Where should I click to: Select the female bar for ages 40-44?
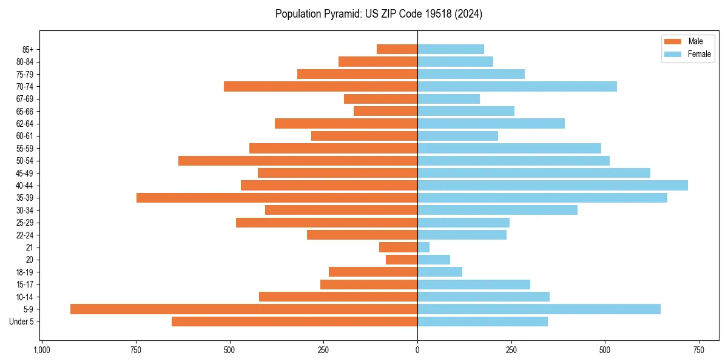click(x=552, y=185)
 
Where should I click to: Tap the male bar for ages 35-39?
click(x=277, y=198)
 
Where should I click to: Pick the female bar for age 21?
click(x=423, y=247)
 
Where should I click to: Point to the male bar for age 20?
click(x=402, y=260)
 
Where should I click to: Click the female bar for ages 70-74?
click(x=517, y=86)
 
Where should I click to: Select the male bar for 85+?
click(x=397, y=49)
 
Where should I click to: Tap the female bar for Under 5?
click(x=482, y=322)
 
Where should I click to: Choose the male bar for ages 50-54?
click(x=298, y=161)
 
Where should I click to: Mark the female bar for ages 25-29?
click(x=463, y=223)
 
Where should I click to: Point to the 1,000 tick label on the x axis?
click(x=41, y=350)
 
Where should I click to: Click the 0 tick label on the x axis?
click(x=417, y=350)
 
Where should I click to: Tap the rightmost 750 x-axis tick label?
click(x=699, y=350)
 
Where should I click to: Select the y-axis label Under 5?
click(x=22, y=322)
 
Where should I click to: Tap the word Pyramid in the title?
click(x=340, y=14)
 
